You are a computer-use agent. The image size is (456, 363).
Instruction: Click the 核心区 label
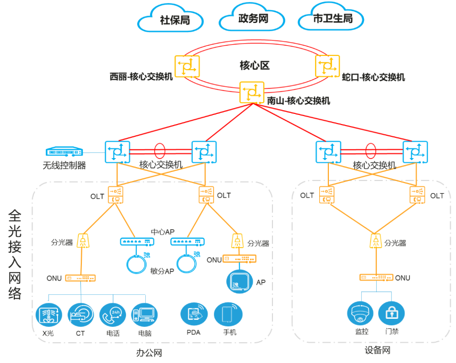tap(254, 66)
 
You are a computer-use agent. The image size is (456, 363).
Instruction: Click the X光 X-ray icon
tap(48, 315)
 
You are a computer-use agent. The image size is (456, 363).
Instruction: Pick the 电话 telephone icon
tap(112, 315)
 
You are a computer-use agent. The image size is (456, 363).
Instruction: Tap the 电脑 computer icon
tap(144, 315)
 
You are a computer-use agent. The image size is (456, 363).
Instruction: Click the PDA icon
tap(194, 315)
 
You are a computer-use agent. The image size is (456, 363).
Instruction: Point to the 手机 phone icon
tap(228, 315)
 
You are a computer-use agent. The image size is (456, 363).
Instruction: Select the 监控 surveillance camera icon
tap(361, 314)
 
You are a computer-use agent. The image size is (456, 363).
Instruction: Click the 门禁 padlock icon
tap(392, 314)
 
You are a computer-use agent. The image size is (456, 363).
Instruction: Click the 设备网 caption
tap(378, 350)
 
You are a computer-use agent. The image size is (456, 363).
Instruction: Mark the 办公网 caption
tap(149, 353)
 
